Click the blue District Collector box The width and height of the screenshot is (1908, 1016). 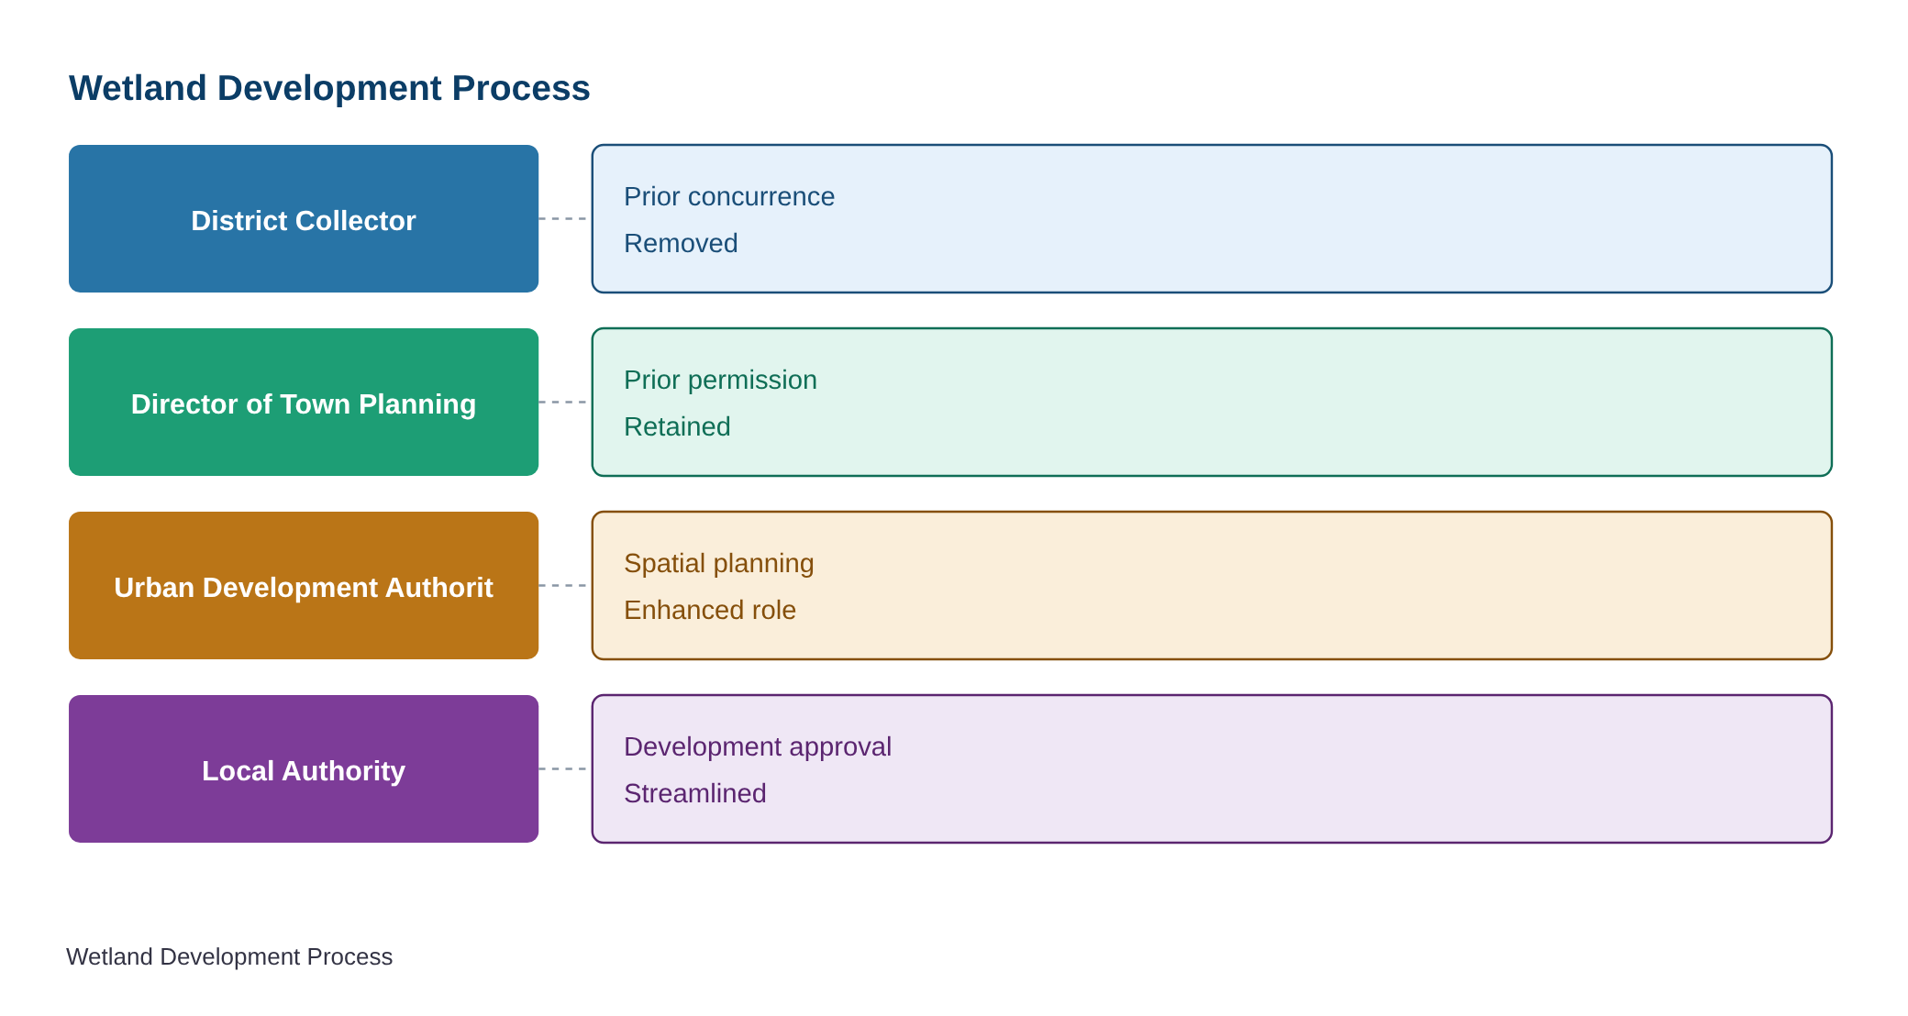click(304, 218)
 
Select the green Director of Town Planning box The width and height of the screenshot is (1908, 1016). click(304, 402)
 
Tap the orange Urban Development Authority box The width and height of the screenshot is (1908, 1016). click(304, 585)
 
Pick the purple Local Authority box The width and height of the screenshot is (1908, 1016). click(304, 768)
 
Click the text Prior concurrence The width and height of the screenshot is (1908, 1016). click(729, 196)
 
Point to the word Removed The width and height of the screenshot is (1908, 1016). click(681, 243)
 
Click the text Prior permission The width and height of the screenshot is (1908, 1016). click(720, 381)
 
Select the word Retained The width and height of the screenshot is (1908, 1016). click(677, 426)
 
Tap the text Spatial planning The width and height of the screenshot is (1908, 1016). click(719, 564)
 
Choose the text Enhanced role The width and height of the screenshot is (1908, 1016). click(710, 610)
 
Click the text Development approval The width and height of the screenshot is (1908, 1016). click(758, 747)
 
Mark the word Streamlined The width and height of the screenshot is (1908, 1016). click(695, 793)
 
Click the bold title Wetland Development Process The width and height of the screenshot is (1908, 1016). click(329, 88)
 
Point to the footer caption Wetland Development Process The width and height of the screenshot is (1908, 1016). click(229, 956)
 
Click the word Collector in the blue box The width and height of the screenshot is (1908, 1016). click(361, 221)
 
